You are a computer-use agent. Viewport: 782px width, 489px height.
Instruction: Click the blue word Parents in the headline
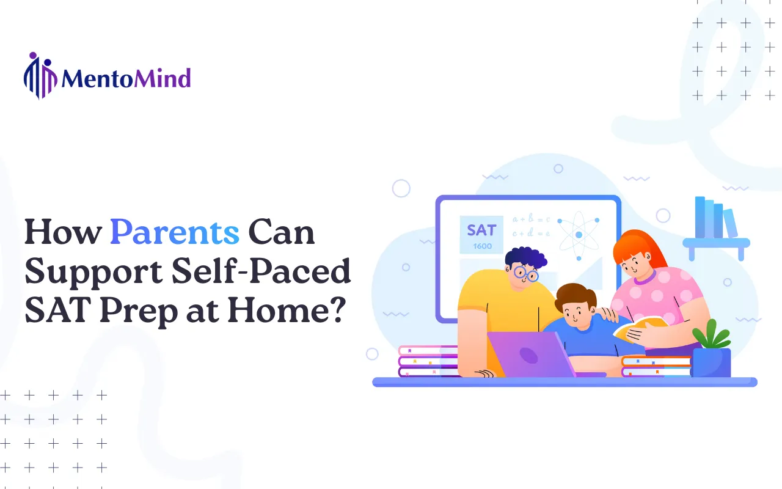tap(175, 232)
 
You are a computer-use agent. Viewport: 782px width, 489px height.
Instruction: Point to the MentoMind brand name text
tap(126, 78)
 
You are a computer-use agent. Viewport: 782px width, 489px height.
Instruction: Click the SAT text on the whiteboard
tap(481, 230)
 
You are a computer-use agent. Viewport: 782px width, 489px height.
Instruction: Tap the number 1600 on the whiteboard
tap(482, 246)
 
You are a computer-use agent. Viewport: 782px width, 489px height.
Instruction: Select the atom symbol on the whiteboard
tap(578, 233)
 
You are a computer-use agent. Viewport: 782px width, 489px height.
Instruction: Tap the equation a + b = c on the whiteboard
tap(531, 219)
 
